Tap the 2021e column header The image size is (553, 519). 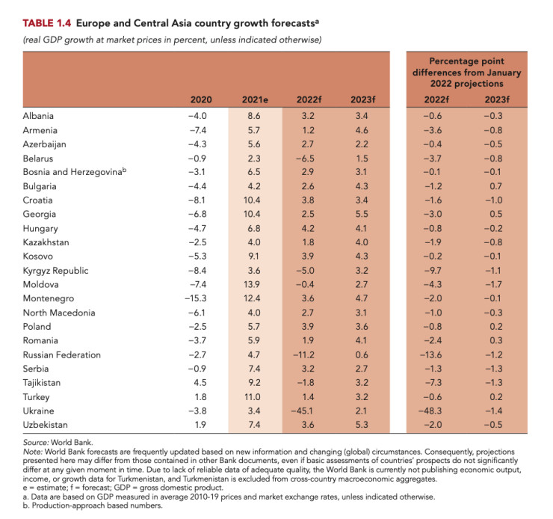pos(256,99)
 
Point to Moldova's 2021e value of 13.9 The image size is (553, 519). pos(255,284)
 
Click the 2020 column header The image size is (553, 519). pos(202,99)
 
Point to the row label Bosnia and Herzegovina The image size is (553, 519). pos(73,172)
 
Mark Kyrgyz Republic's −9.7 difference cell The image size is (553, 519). pos(437,270)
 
